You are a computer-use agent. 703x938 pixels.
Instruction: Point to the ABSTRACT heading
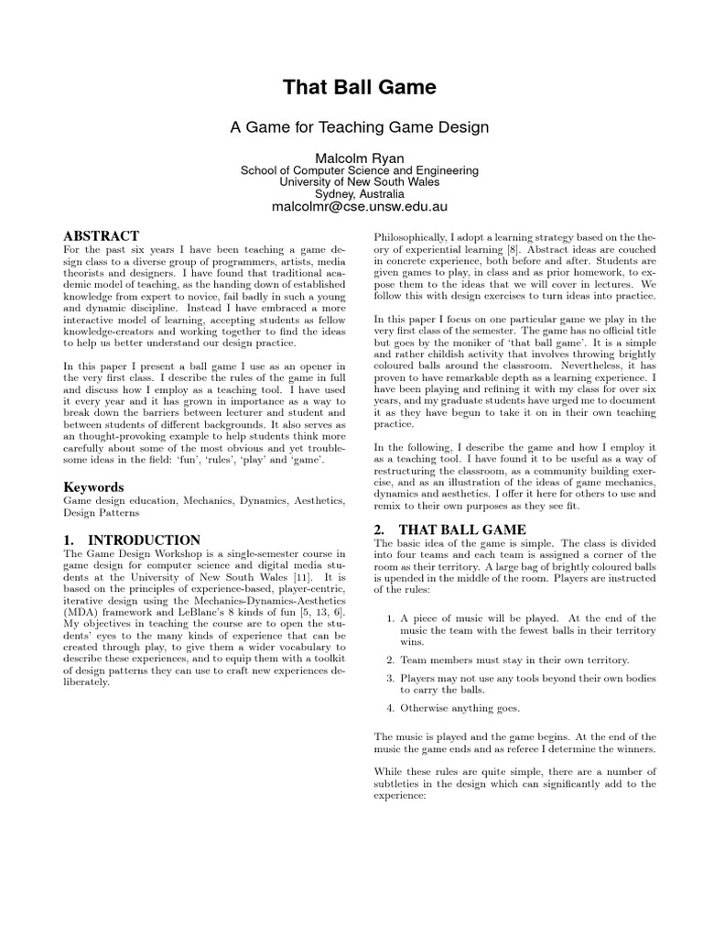(x=101, y=236)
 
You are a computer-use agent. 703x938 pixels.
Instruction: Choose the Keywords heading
(x=93, y=487)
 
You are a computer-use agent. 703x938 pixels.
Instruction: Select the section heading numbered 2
(x=450, y=529)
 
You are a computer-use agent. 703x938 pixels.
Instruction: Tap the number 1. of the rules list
(x=390, y=618)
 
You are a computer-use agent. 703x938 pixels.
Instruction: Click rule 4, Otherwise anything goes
(x=460, y=707)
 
